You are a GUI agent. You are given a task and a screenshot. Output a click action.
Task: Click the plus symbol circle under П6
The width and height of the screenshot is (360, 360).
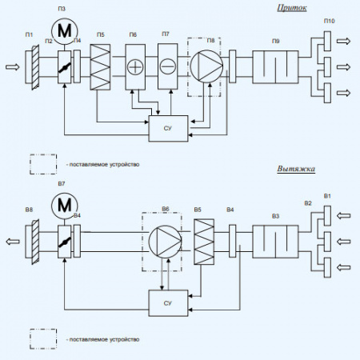[137, 66]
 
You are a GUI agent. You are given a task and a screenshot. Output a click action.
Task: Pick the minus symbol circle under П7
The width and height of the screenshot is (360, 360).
[167, 66]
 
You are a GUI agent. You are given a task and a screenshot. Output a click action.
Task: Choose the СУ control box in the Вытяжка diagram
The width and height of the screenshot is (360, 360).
[168, 302]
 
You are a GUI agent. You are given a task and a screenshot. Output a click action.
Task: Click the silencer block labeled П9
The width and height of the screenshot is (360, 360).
[275, 66]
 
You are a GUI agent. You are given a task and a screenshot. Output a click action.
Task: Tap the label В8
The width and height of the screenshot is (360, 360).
[29, 210]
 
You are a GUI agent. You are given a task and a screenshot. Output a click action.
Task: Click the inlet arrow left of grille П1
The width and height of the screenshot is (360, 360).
[11, 66]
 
